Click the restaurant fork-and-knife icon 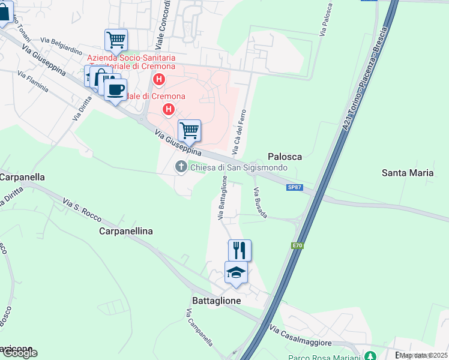tap(240, 250)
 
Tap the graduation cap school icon tap(236, 272)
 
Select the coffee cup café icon tap(115, 90)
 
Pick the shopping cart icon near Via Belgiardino tap(115, 40)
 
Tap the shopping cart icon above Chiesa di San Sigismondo tap(189, 130)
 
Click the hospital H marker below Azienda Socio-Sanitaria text tap(159, 79)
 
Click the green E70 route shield tap(297, 245)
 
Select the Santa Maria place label tap(408, 173)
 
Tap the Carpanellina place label tap(125, 231)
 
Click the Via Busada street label tap(260, 203)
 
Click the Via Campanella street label tap(199, 328)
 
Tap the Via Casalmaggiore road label tap(301, 336)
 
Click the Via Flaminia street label tap(33, 82)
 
